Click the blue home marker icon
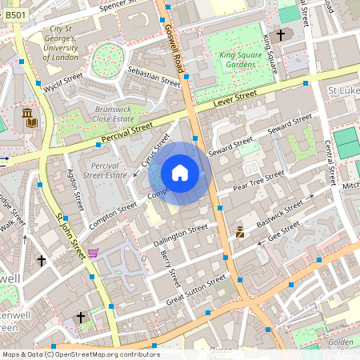(x=180, y=173)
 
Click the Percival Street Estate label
(x=104, y=170)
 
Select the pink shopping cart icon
(x=94, y=254)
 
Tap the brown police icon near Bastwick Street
(x=239, y=233)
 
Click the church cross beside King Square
(x=280, y=35)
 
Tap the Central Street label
(x=328, y=161)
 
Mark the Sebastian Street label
(x=154, y=76)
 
